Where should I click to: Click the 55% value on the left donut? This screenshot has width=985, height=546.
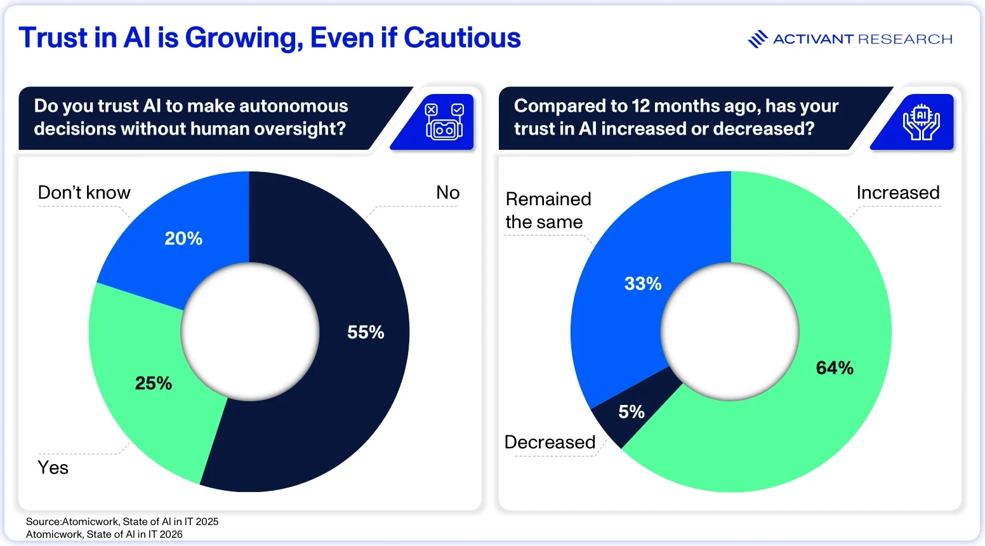point(366,332)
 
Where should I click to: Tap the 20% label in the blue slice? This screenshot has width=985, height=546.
point(183,239)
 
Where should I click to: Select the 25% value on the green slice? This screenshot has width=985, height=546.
point(154,383)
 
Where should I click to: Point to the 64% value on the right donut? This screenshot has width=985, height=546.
point(835,368)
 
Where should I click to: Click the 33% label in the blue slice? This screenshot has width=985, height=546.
point(643,284)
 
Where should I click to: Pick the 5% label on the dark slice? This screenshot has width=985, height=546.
point(631,412)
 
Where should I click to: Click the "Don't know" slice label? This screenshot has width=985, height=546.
point(84,192)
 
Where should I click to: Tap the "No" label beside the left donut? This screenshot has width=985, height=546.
point(447,192)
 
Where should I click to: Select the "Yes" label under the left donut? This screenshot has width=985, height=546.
point(53,467)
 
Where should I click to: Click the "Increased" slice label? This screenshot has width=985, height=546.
point(898,192)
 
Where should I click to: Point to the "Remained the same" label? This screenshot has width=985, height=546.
point(548,210)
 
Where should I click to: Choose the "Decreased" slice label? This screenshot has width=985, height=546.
point(550,442)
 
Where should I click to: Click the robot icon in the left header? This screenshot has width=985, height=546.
point(444,121)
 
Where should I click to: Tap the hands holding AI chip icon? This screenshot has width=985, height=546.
point(922,123)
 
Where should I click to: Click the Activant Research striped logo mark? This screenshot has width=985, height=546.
point(758,39)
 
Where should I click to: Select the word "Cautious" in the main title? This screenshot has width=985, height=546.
point(462,38)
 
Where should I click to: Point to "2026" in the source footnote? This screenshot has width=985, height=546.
point(171,534)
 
